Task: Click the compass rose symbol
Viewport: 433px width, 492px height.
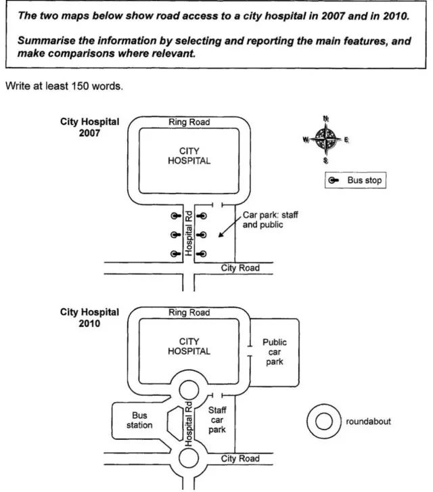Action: pyautogui.click(x=326, y=140)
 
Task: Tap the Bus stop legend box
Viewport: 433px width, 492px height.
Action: pyautogui.click(x=355, y=181)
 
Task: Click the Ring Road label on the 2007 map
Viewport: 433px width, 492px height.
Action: pyautogui.click(x=189, y=122)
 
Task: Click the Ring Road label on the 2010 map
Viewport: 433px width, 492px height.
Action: pyautogui.click(x=189, y=313)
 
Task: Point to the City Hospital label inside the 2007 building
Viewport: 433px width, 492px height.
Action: pyautogui.click(x=189, y=156)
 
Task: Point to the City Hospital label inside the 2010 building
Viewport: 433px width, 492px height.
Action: pyautogui.click(x=189, y=346)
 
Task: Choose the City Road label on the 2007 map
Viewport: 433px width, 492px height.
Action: pyautogui.click(x=240, y=268)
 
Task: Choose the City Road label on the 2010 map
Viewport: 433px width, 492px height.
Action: pyautogui.click(x=240, y=459)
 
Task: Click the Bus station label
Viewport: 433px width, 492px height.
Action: pyautogui.click(x=140, y=420)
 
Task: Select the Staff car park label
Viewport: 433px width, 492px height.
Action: pyautogui.click(x=217, y=420)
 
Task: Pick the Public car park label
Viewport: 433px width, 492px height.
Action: pyautogui.click(x=275, y=352)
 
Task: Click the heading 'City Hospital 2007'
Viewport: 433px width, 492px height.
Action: pyautogui.click(x=89, y=127)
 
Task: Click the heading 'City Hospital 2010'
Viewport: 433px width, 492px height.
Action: pyautogui.click(x=89, y=318)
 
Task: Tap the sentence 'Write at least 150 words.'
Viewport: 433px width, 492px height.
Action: pyautogui.click(x=55, y=87)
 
